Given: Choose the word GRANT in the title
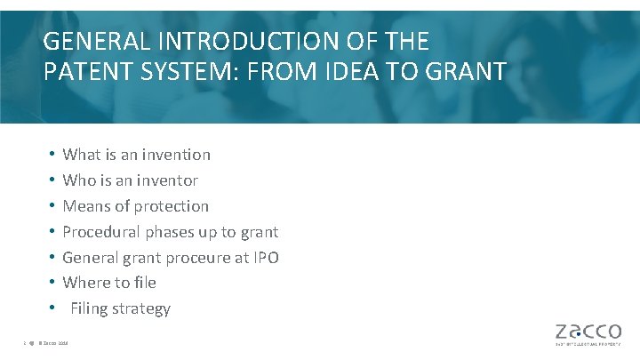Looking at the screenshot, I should tap(463, 71).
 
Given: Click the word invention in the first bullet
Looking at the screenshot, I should tap(176, 155).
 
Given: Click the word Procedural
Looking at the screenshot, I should tap(99, 232).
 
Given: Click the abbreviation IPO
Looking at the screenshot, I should tap(264, 258).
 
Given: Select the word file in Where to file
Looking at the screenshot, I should tap(144, 283).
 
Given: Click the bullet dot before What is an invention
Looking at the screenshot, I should tap(52, 155).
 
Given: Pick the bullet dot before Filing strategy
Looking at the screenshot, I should tap(52, 309).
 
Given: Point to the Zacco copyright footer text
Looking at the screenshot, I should tap(54, 344).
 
